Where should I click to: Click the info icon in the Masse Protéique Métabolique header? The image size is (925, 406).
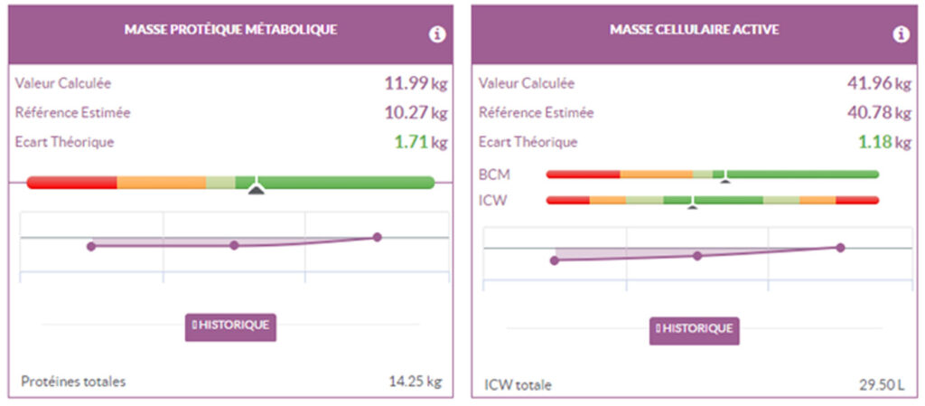(x=437, y=34)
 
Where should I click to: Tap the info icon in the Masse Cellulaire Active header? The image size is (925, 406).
(x=901, y=34)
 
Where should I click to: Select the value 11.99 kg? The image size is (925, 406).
(x=416, y=84)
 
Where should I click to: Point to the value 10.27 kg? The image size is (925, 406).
(x=416, y=113)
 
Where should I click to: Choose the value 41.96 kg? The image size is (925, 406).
(x=879, y=84)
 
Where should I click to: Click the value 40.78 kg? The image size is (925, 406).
(x=879, y=113)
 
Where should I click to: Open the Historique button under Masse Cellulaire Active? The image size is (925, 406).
(x=694, y=329)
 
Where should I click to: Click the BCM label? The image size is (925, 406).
(x=493, y=174)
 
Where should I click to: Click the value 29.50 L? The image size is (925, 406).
(x=881, y=385)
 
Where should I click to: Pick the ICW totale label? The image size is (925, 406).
(x=515, y=385)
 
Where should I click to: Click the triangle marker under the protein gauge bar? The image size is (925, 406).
(x=257, y=189)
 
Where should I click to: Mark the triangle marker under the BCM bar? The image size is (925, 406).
(x=724, y=181)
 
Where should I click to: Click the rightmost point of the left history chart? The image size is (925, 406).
(x=377, y=237)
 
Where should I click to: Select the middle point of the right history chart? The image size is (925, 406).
(x=697, y=256)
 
